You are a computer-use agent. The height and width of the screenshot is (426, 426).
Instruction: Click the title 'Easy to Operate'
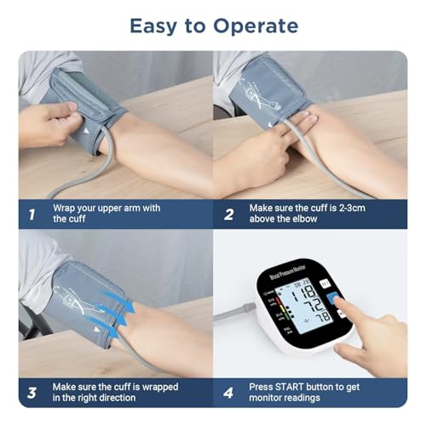click(x=213, y=26)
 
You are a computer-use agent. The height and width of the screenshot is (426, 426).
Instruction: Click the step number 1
click(x=32, y=214)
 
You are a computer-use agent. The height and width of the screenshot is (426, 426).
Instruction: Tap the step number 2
click(x=228, y=214)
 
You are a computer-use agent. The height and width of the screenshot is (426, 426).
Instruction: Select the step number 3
click(x=32, y=392)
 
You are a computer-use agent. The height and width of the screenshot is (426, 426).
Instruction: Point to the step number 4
click(x=228, y=392)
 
